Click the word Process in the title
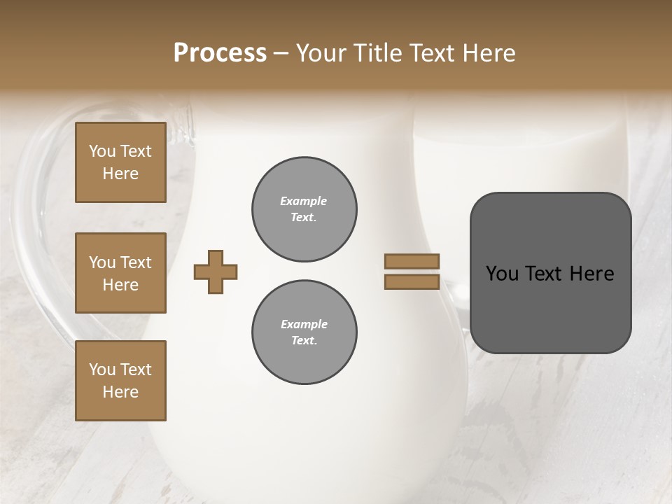pyautogui.click(x=220, y=52)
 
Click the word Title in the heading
pyautogui.click(x=377, y=52)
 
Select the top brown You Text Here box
pyautogui.click(x=120, y=162)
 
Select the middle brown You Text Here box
pyautogui.click(x=120, y=273)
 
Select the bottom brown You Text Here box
pyautogui.click(x=120, y=380)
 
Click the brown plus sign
pyautogui.click(x=216, y=272)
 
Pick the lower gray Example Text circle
pyautogui.click(x=304, y=332)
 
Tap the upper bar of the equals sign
pyautogui.click(x=412, y=261)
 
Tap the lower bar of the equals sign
pyautogui.click(x=412, y=282)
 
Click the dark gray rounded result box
pyautogui.click(x=550, y=308)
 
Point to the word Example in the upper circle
pyautogui.click(x=304, y=201)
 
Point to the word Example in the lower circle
pyautogui.click(x=304, y=324)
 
